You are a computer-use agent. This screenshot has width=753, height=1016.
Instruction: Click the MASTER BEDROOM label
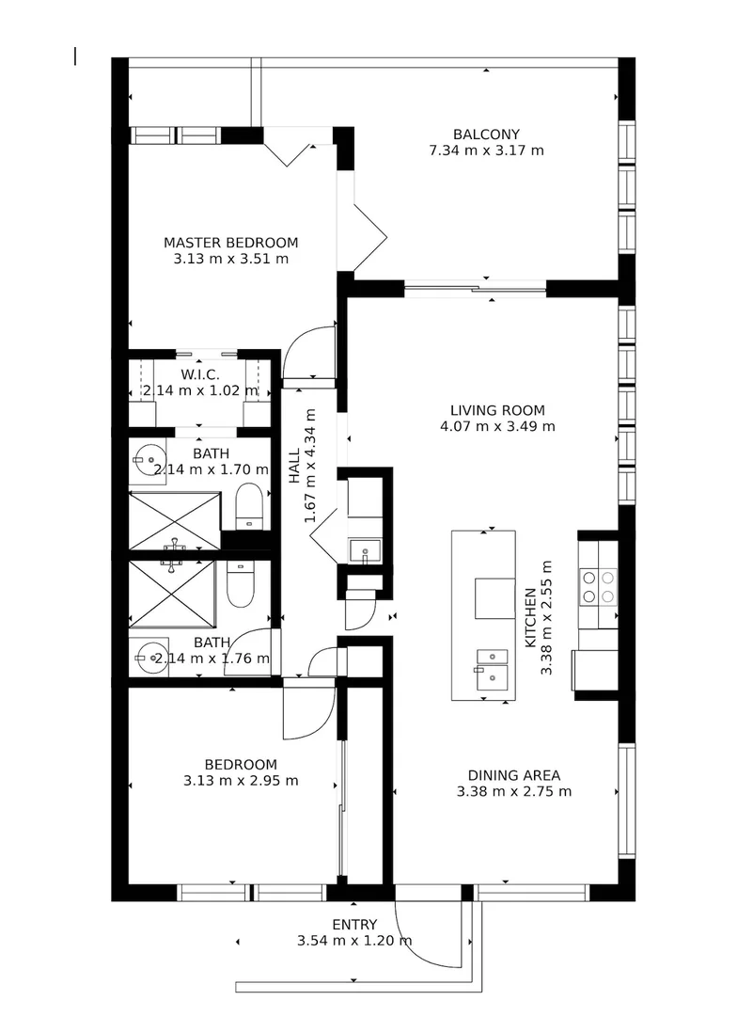click(230, 242)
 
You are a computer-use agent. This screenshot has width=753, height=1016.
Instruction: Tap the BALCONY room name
click(486, 134)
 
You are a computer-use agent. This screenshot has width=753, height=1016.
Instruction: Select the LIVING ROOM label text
click(497, 409)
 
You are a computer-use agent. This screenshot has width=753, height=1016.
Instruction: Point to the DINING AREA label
click(513, 775)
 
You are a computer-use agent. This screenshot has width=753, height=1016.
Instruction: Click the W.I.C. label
click(199, 374)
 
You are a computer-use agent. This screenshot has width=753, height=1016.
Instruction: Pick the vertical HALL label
click(294, 467)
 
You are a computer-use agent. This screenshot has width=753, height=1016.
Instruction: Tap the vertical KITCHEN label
click(530, 615)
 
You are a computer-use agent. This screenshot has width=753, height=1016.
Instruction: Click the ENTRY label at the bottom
click(354, 924)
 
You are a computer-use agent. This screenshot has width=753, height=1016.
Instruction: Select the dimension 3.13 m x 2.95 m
click(242, 781)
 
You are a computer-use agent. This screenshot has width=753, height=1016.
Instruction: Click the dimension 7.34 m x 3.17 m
click(486, 150)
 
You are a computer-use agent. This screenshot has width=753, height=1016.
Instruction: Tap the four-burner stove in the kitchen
click(598, 587)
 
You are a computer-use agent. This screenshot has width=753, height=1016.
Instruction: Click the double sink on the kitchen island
click(490, 665)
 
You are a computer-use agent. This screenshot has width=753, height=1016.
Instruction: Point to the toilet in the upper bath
click(249, 506)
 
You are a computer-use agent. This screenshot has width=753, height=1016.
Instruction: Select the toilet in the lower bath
click(242, 582)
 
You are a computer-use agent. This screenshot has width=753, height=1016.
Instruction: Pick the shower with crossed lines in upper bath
click(174, 519)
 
